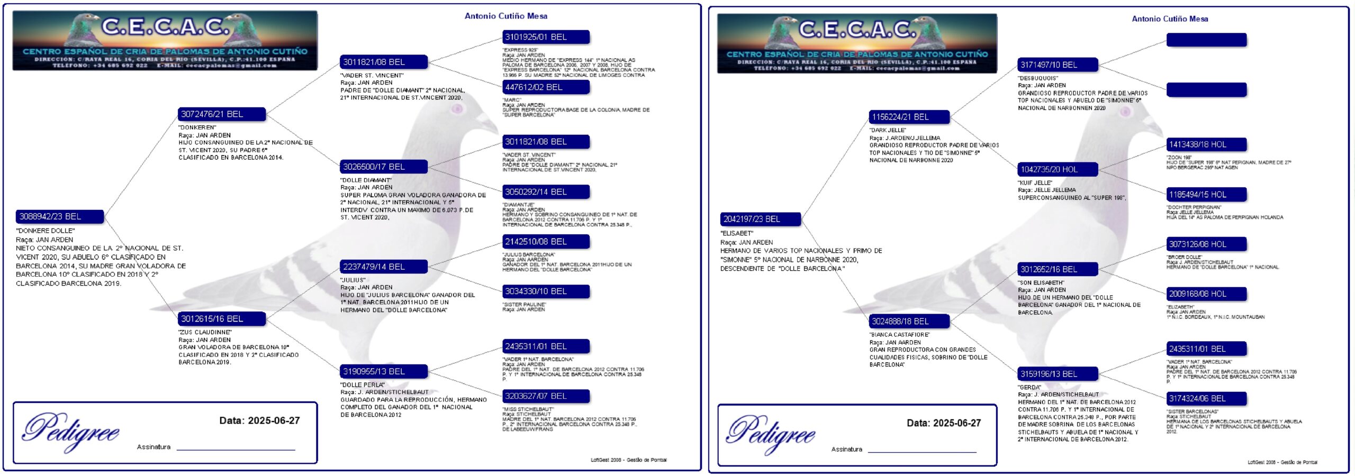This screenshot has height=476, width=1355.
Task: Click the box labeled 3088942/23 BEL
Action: click(60, 216)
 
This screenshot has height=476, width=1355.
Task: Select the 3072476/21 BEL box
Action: click(222, 114)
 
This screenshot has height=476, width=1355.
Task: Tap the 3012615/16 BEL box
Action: click(222, 318)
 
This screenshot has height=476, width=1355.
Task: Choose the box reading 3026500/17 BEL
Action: click(384, 167)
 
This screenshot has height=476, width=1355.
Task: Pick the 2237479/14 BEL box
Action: click(384, 267)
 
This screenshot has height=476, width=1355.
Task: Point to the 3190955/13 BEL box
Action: click(384, 371)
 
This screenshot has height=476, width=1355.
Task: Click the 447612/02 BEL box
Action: click(546, 87)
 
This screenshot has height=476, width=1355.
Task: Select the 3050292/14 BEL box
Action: click(546, 191)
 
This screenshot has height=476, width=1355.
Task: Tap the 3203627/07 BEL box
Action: click(546, 396)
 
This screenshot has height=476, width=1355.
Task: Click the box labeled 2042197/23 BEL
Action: click(761, 219)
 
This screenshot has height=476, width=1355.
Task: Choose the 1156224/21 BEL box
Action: click(909, 117)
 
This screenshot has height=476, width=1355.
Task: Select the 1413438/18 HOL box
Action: click(1206, 144)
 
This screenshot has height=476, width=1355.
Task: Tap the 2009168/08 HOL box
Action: click(1206, 294)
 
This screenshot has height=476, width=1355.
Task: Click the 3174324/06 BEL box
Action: click(1206, 398)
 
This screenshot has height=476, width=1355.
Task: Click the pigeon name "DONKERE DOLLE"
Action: click(46, 231)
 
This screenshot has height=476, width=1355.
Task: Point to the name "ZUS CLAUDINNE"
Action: click(205, 332)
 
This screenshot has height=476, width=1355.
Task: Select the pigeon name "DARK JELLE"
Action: click(887, 130)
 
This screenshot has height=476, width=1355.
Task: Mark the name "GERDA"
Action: click(1029, 387)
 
